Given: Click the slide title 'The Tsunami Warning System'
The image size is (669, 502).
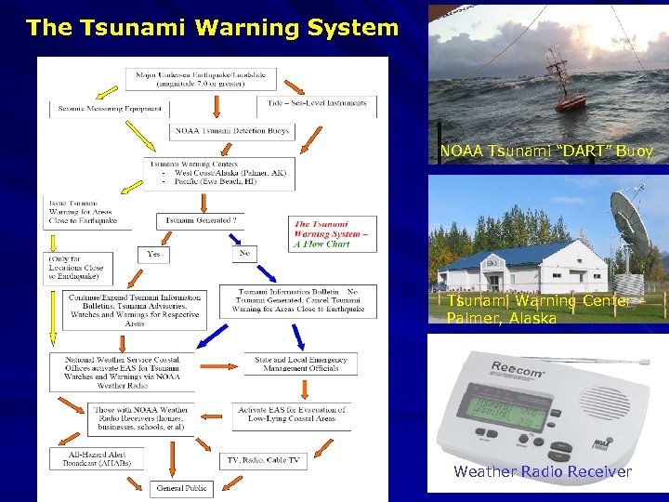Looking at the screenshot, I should click(x=213, y=28).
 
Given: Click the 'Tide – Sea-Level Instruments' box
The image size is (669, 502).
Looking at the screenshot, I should click(x=317, y=104).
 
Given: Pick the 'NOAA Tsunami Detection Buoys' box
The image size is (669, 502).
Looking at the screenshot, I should click(x=231, y=131).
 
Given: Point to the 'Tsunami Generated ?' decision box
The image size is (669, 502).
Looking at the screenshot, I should click(x=201, y=220).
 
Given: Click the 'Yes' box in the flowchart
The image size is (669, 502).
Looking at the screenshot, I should click(x=153, y=253).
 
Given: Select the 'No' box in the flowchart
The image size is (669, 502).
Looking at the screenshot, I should click(x=243, y=252).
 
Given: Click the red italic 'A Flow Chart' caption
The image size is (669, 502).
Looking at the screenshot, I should click(x=322, y=244).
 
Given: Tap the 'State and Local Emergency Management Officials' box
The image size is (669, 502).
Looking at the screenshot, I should click(x=301, y=363).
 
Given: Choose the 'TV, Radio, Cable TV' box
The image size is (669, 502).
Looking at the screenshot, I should click(x=264, y=459).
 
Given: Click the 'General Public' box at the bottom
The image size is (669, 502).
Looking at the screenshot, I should click(x=182, y=487).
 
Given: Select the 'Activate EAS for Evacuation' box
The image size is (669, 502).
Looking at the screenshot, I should click(x=291, y=415).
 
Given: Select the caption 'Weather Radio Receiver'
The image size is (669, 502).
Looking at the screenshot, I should click(x=543, y=472).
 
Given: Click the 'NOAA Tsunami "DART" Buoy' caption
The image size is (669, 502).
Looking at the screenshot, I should click(x=547, y=151).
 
